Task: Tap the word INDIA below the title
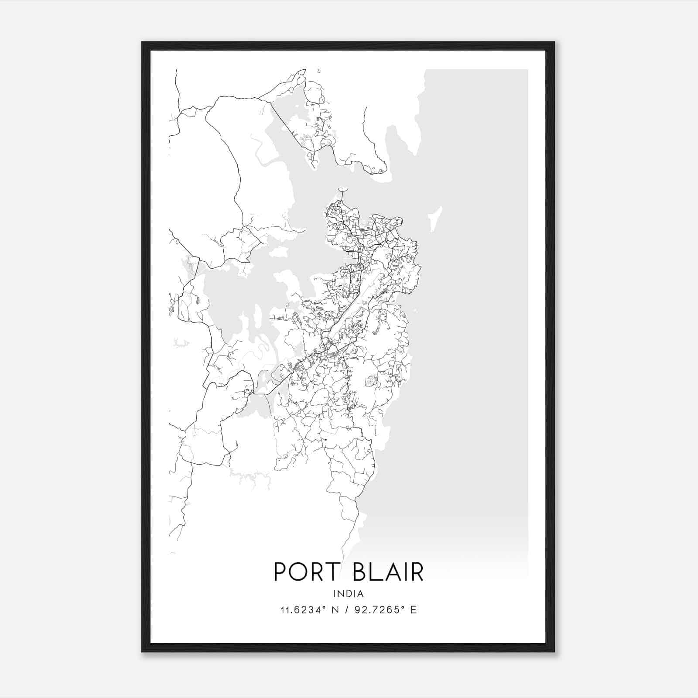348,594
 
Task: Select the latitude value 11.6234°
302,610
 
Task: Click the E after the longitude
413,610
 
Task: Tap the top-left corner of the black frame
143,43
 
